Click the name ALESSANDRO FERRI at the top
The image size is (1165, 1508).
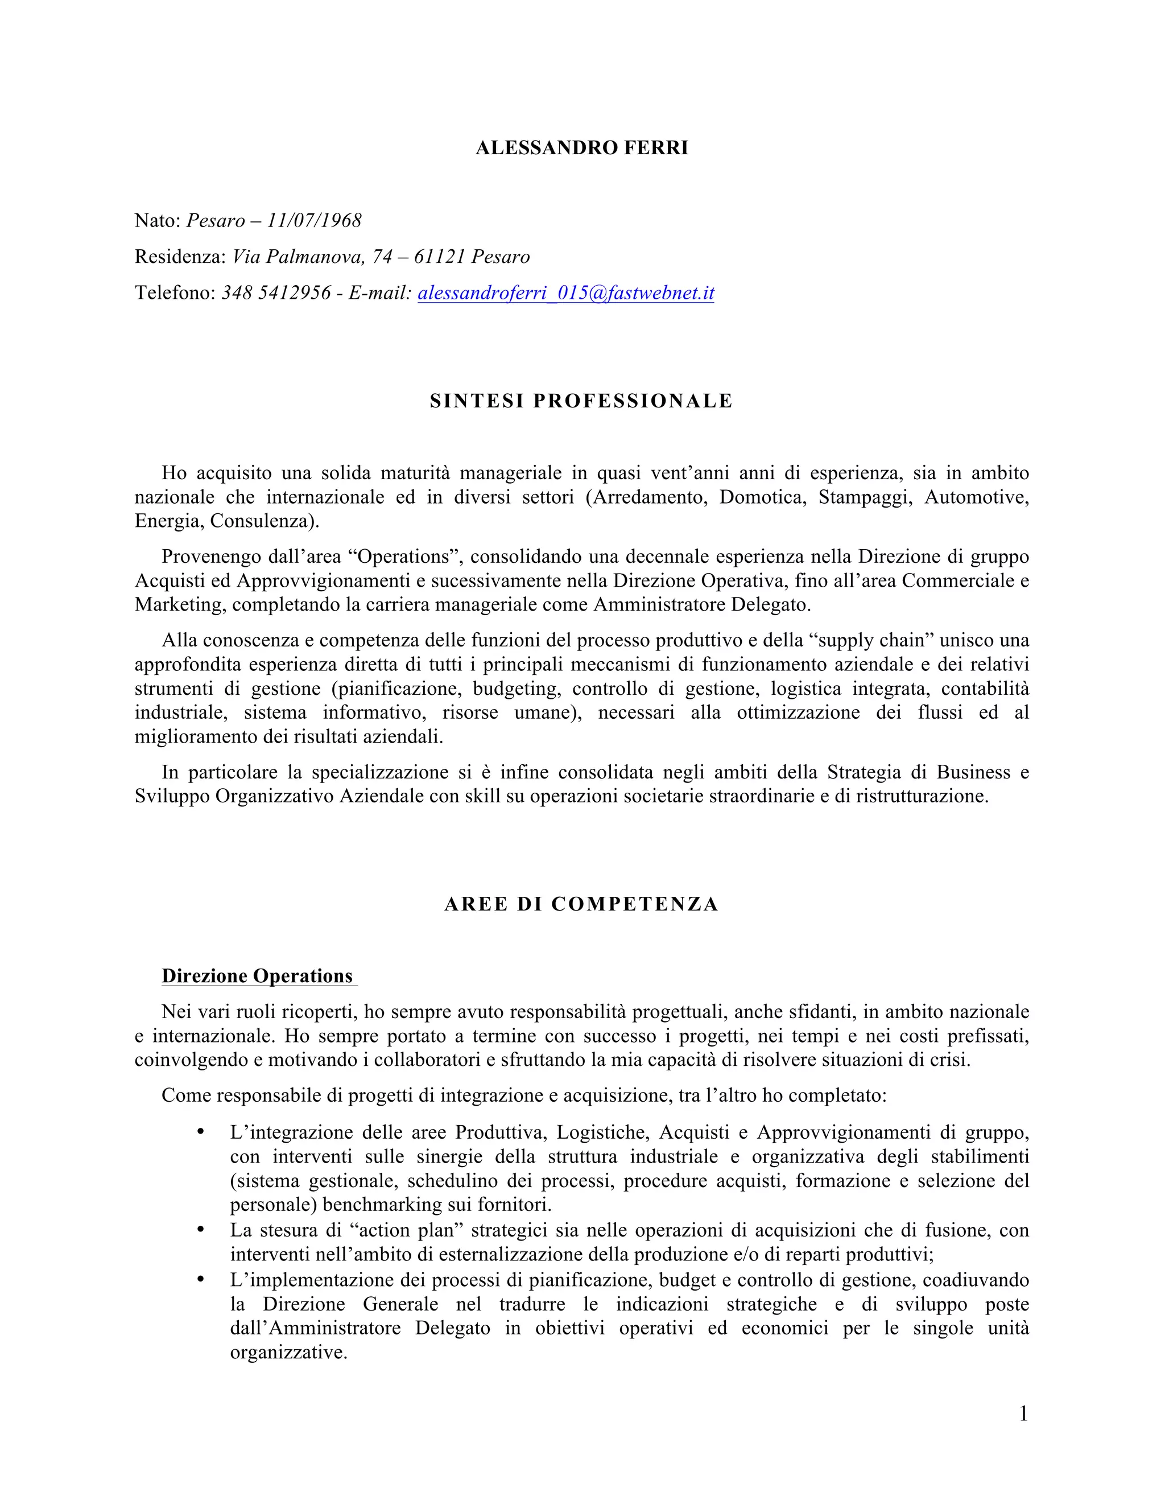pyautogui.click(x=582, y=149)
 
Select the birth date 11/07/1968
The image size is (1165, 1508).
pyautogui.click(x=314, y=220)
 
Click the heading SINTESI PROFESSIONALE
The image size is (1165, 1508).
pyautogui.click(x=581, y=401)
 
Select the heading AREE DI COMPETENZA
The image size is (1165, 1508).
pyautogui.click(x=581, y=905)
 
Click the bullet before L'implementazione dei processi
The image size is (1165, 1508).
pyautogui.click(x=201, y=1279)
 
